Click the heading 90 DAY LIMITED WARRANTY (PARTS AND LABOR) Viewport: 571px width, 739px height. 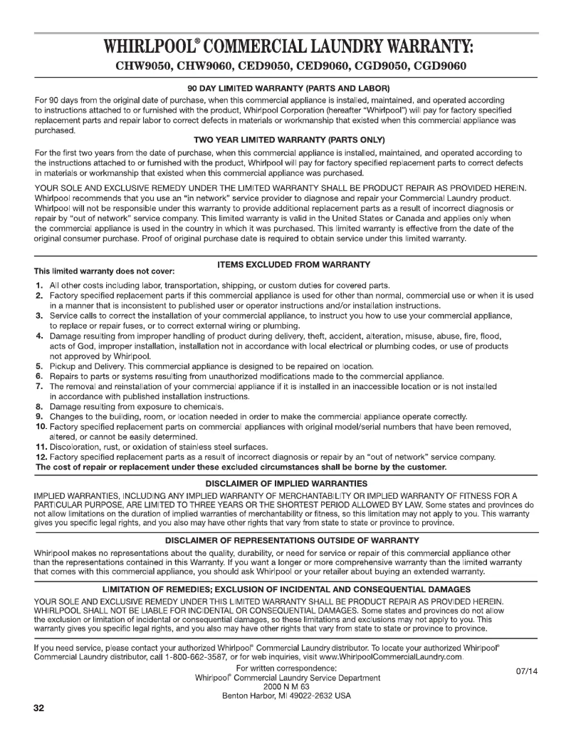tap(285, 88)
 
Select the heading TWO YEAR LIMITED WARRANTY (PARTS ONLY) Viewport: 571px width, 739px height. tap(285, 140)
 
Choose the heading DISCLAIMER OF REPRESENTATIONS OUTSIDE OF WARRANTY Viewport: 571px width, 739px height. tap(285, 541)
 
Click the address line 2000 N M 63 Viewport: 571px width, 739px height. tap(286, 686)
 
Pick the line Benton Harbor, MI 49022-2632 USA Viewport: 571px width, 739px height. tap(286, 696)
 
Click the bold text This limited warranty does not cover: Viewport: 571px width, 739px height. tap(104, 272)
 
